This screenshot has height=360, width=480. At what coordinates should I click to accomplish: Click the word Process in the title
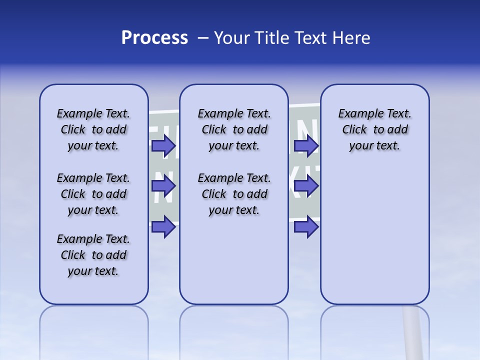pos(154,38)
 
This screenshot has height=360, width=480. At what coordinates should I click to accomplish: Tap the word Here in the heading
pos(351,38)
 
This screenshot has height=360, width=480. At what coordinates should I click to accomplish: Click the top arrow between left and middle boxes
pos(163,146)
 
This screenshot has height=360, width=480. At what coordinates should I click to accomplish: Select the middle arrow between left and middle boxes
pos(163,186)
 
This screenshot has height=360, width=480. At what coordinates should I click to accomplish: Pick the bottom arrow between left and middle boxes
pos(163,227)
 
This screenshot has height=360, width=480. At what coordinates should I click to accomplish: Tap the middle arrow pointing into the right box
pos(306,186)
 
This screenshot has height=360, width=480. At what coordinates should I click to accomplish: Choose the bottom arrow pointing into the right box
pos(306,227)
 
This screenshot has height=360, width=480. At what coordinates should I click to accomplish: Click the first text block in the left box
pos(93,129)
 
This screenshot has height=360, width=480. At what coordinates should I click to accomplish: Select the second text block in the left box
pos(93,194)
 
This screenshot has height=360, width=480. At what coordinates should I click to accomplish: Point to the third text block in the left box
pos(93,255)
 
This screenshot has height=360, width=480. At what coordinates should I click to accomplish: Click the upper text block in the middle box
pos(234,129)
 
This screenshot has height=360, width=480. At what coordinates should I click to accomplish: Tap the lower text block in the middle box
pos(234,194)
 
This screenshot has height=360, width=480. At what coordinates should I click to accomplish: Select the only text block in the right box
pos(374,129)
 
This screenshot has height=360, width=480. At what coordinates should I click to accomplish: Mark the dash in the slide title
pos(203,38)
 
